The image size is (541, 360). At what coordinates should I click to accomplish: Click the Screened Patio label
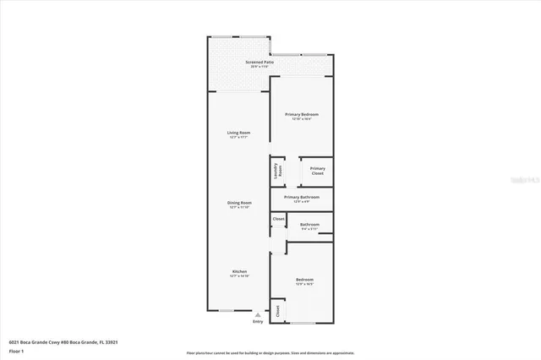260,63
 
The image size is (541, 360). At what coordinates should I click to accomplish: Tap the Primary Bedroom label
301,113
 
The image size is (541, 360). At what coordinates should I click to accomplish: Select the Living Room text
239,133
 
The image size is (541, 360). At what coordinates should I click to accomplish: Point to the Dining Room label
239,202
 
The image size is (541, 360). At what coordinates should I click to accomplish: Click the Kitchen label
239,271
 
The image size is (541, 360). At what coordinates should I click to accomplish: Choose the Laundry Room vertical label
277,171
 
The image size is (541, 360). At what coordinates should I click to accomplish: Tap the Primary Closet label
317,171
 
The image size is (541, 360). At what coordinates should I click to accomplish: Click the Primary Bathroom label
302,197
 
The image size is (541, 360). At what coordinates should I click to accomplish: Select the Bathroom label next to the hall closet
309,224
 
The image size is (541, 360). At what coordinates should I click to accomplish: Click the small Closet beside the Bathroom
278,220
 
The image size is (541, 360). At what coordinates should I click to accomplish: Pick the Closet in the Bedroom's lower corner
276,311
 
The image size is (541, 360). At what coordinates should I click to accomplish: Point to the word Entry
258,321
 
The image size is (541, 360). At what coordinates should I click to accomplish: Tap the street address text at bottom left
63,341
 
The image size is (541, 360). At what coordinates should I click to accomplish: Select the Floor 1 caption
15,349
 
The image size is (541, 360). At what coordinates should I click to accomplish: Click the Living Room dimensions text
239,137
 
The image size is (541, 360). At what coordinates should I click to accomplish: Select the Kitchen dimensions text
239,275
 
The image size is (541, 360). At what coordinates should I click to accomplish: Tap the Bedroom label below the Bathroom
304,280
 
